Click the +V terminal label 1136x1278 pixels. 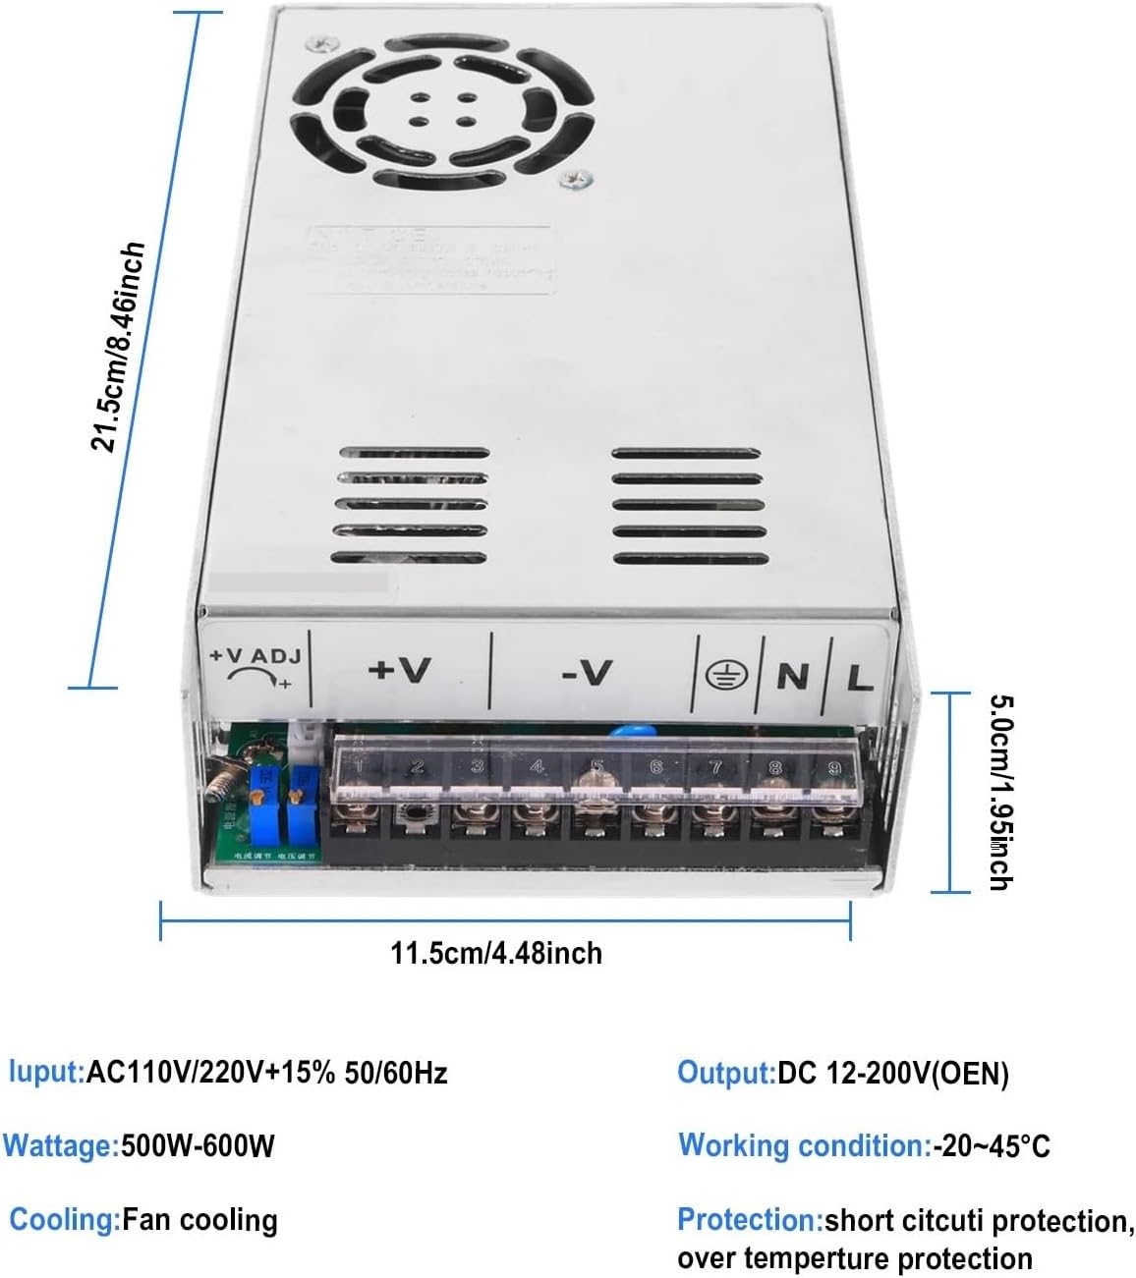(x=399, y=669)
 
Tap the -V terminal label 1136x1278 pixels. (x=587, y=672)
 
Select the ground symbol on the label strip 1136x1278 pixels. (x=727, y=674)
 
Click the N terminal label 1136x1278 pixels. (x=792, y=676)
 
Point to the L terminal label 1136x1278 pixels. (x=859, y=678)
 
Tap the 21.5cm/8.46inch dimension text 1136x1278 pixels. (x=118, y=347)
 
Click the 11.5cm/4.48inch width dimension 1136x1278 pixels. (x=496, y=953)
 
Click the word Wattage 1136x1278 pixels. (x=59, y=1145)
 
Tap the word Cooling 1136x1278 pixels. (x=64, y=1220)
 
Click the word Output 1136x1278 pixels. (x=726, y=1073)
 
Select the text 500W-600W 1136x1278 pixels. (x=198, y=1145)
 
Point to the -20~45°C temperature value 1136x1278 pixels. (x=991, y=1145)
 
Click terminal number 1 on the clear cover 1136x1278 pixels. (x=360, y=765)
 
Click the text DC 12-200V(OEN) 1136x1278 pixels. (x=893, y=1074)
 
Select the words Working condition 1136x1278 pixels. (x=802, y=1145)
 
